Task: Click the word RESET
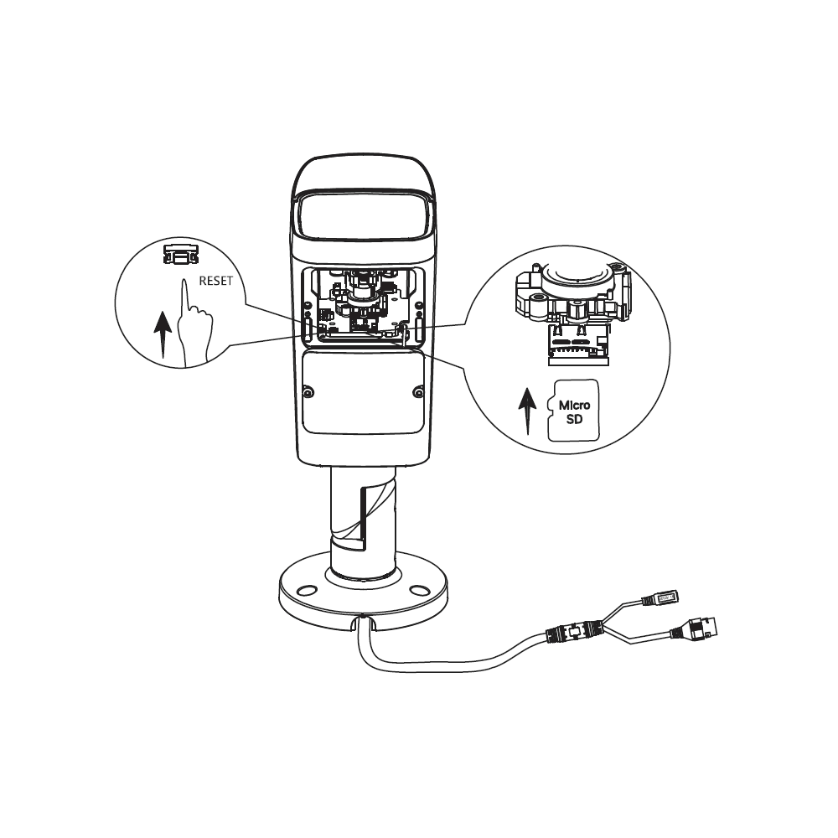pos(216,281)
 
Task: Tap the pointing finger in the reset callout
pos(194,323)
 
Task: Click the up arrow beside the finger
pos(163,336)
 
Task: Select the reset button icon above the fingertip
pos(181,255)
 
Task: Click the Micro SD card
pos(573,411)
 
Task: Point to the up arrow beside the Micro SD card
pos(527,411)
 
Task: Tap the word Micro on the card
pos(575,405)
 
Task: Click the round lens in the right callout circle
pos(577,277)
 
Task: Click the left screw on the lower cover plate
pos(308,393)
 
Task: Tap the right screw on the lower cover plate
pos(419,393)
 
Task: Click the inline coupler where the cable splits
pos(575,631)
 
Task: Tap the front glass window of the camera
pos(364,219)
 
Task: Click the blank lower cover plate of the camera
pos(364,392)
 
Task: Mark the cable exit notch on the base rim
pos(364,622)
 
